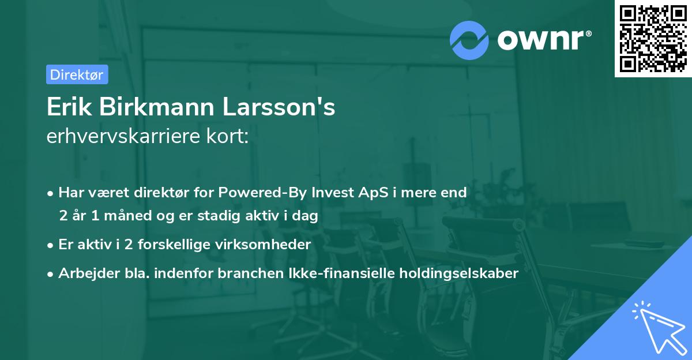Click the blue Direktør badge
pyautogui.click(x=77, y=74)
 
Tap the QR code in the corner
pyautogui.click(x=653, y=38)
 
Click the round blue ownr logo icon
pyautogui.click(x=469, y=39)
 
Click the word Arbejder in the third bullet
pyautogui.click(x=83, y=273)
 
